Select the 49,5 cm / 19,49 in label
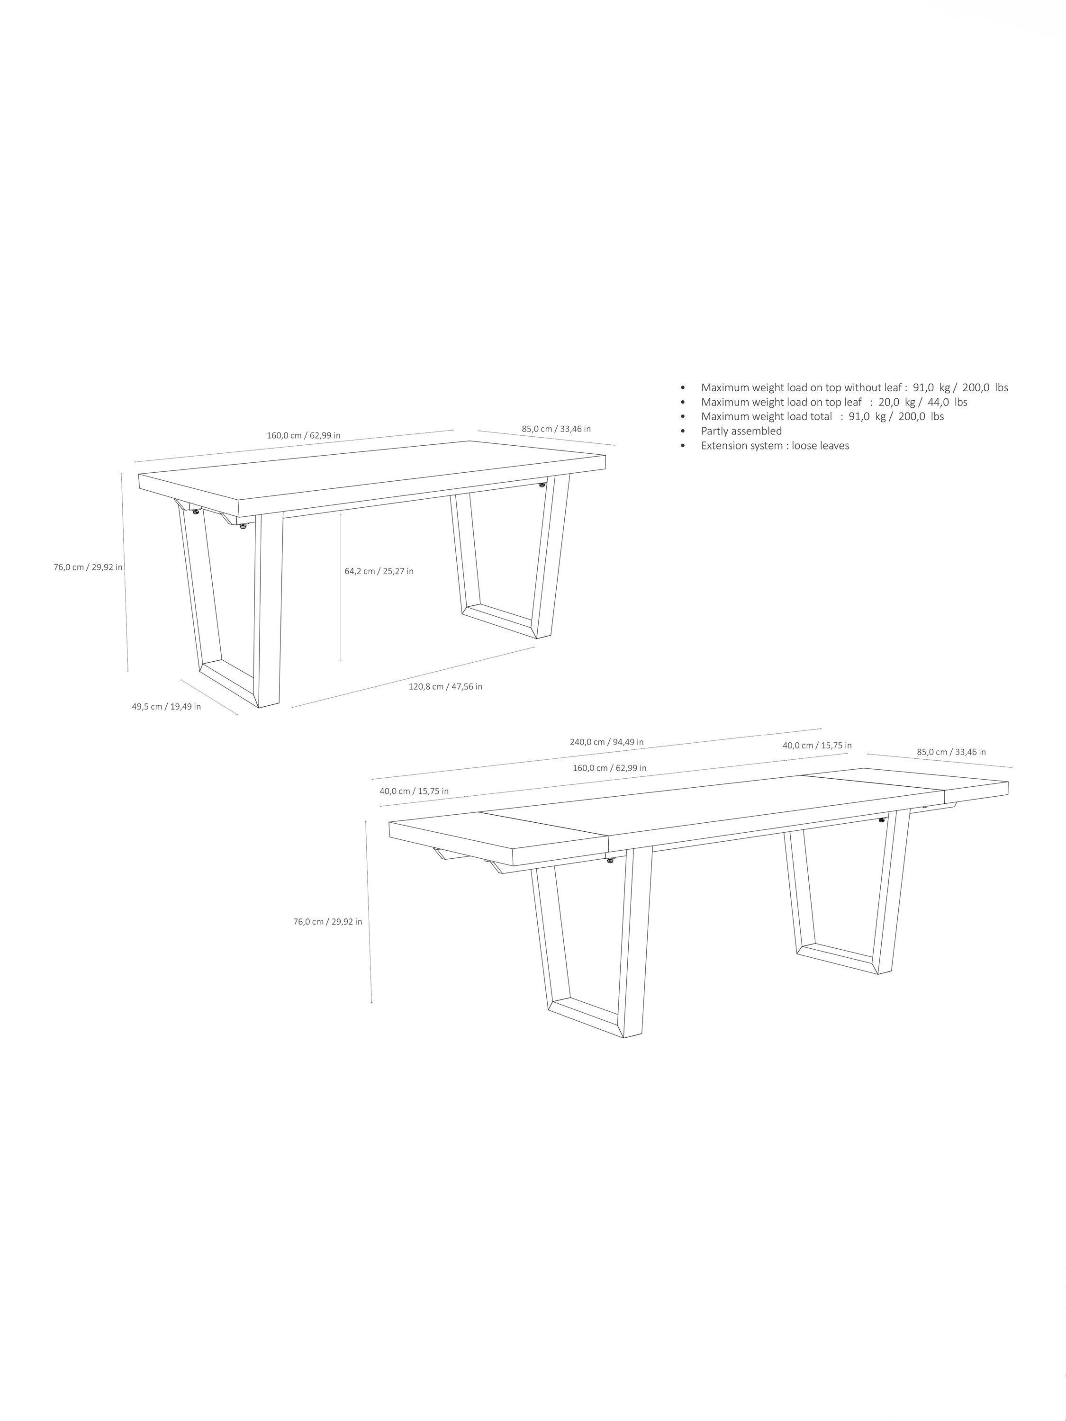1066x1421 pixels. coord(166,706)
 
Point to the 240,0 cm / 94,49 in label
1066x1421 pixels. coord(606,741)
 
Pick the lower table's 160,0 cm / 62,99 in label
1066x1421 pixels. coord(610,768)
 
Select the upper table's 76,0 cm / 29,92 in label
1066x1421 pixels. coord(88,567)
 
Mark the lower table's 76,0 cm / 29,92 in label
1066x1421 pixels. coord(328,921)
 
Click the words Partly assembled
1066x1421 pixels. coord(741,431)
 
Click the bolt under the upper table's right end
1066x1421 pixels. coord(543,485)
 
